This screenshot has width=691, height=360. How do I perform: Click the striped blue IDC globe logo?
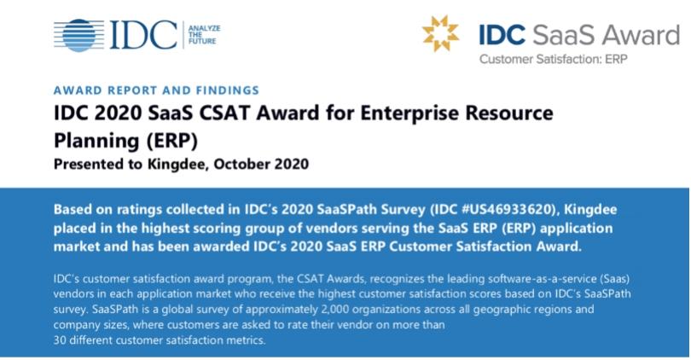tap(79, 35)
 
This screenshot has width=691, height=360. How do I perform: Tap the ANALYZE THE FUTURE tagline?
tap(204, 35)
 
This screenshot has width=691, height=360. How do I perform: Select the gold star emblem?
tap(440, 33)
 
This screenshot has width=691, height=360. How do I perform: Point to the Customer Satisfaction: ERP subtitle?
tap(553, 59)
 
